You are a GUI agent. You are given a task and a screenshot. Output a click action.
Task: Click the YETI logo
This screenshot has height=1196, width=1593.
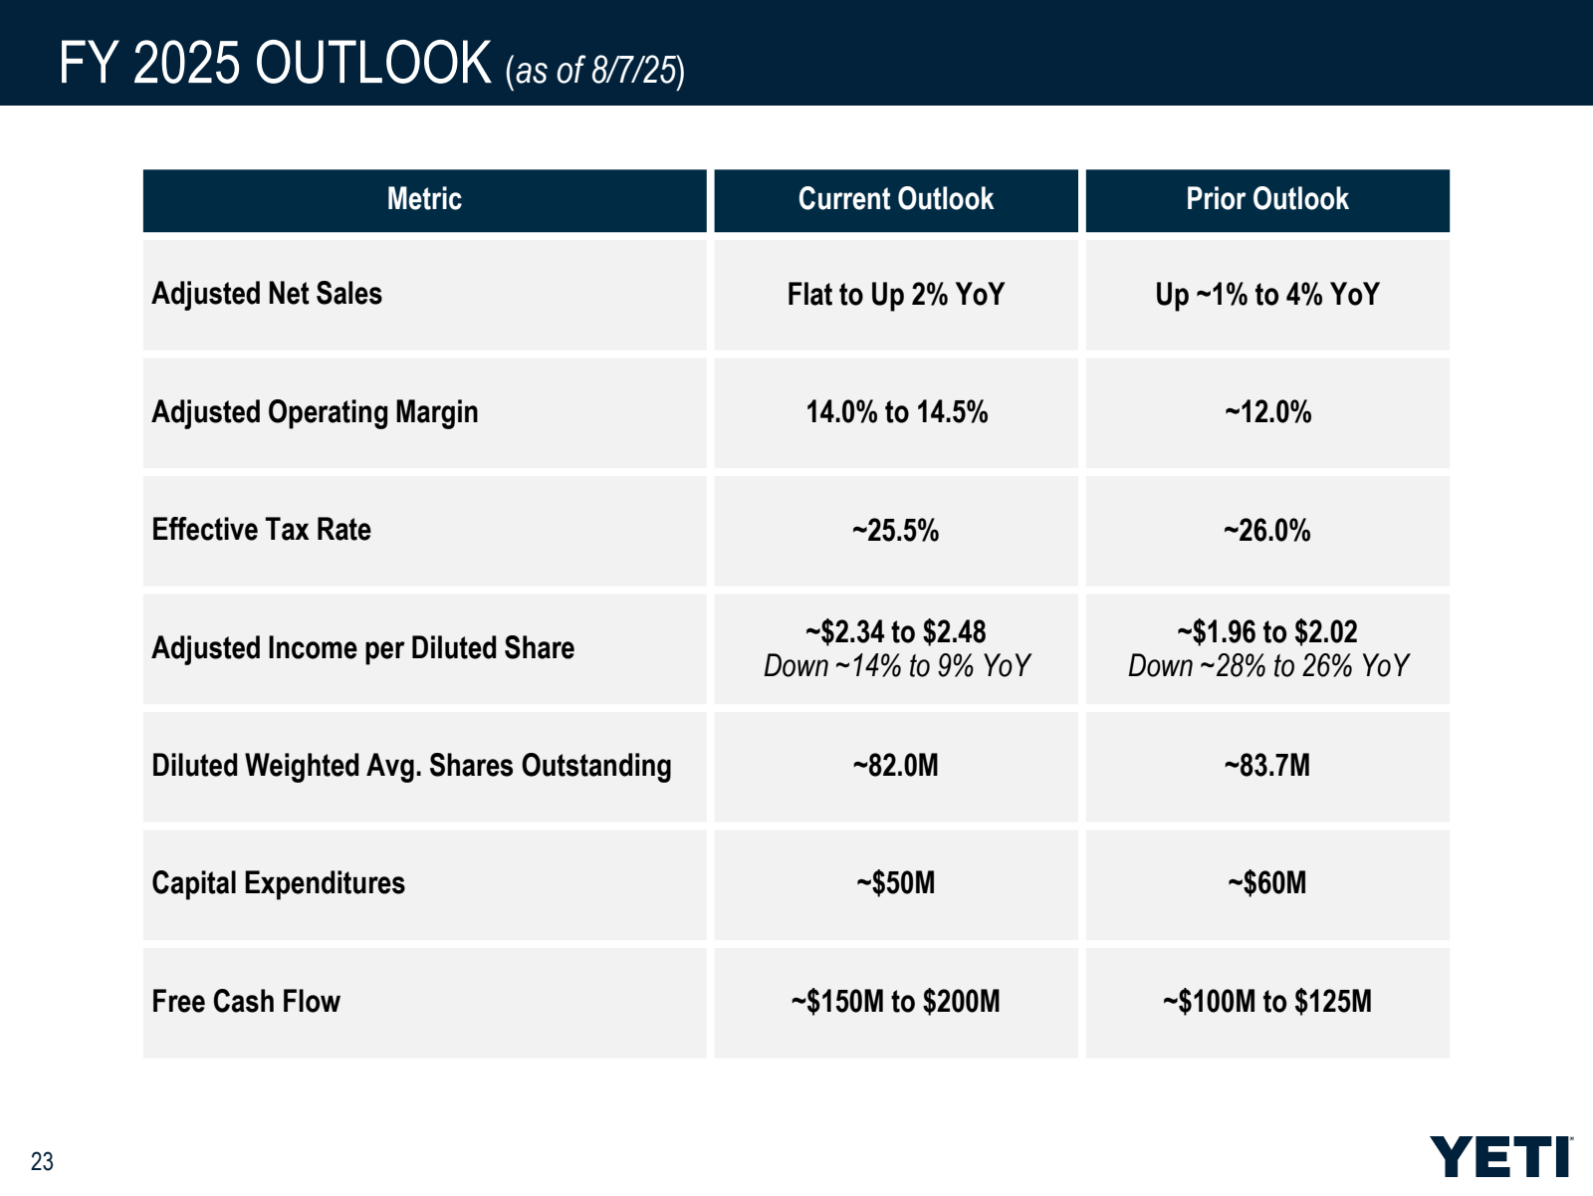[1500, 1156]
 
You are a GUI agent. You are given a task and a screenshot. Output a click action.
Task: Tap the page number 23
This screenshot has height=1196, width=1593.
[42, 1161]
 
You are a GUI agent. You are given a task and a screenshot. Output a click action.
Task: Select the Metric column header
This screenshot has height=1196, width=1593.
[424, 199]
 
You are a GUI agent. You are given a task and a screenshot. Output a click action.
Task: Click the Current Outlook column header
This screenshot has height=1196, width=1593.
[895, 199]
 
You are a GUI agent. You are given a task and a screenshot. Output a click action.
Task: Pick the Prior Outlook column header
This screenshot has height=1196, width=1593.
[1266, 199]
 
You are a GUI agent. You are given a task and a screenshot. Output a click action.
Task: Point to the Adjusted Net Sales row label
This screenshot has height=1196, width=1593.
[267, 294]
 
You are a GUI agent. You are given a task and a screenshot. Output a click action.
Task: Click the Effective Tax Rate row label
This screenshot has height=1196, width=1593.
[261, 530]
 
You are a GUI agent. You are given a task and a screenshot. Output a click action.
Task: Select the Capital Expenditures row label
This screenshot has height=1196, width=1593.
[278, 883]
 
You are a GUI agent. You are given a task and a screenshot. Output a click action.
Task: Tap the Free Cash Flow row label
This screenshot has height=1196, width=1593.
[246, 1001]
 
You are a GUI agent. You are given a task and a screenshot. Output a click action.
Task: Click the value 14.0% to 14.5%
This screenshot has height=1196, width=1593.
[896, 412]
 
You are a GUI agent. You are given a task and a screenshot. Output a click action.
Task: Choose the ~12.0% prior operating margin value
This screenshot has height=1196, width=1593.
[1267, 412]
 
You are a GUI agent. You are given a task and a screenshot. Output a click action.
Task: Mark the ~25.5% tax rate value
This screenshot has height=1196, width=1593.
[895, 531]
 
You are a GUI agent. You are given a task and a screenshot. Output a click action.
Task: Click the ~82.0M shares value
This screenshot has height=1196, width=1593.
[895, 766]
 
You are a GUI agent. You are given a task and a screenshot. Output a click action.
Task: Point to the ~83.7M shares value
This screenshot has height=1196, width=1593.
[1266, 766]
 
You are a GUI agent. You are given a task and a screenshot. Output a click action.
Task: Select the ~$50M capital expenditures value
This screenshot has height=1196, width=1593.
[895, 883]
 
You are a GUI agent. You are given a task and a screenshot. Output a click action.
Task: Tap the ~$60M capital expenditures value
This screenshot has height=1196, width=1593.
[1266, 883]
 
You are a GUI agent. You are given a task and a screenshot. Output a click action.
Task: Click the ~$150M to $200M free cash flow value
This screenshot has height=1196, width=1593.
[895, 1001]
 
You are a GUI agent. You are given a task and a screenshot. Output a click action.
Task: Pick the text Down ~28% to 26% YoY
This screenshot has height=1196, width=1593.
[1267, 665]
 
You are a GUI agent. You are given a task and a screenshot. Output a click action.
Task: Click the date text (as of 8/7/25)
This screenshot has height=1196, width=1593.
[594, 71]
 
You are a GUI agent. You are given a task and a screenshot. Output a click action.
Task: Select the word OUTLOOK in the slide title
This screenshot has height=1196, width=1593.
[373, 63]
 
